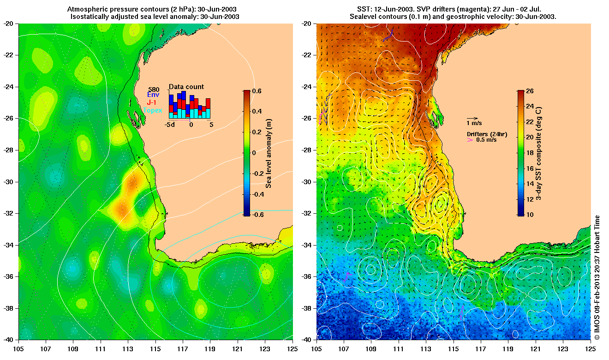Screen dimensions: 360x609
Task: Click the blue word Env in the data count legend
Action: click(153, 95)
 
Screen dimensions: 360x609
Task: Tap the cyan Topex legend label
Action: click(153, 110)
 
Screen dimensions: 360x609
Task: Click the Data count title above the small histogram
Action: click(186, 87)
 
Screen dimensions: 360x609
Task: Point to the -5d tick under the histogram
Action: click(170, 125)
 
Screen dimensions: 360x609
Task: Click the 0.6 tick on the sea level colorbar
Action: click(257, 91)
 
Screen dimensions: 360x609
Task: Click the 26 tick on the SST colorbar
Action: click(530, 91)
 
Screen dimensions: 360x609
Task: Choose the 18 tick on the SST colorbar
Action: click(530, 153)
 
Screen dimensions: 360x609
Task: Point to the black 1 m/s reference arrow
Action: click(472, 118)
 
